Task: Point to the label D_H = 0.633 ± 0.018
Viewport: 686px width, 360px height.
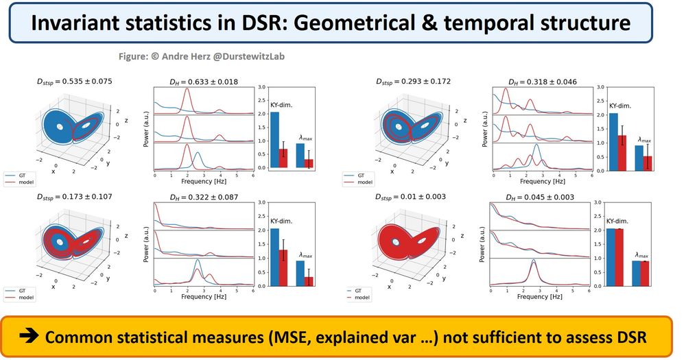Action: click(x=204, y=82)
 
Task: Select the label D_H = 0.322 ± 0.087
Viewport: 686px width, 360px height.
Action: click(x=204, y=197)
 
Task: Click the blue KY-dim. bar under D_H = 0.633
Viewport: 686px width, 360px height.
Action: click(x=274, y=140)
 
